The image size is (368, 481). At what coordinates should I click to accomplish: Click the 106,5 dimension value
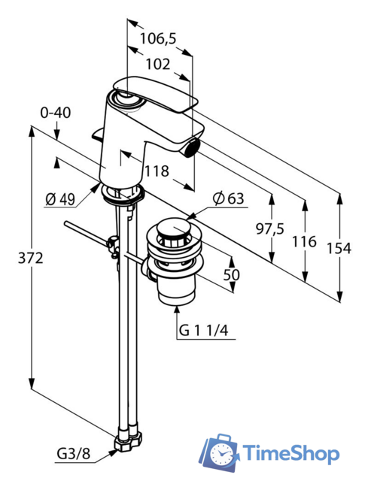pyautogui.click(x=158, y=38)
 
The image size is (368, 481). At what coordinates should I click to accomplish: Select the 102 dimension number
pyautogui.click(x=157, y=65)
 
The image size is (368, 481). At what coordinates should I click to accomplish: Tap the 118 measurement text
pyautogui.click(x=157, y=171)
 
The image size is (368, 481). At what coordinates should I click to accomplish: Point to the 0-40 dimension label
pyautogui.click(x=56, y=113)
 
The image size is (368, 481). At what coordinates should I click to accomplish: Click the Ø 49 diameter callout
pyautogui.click(x=60, y=200)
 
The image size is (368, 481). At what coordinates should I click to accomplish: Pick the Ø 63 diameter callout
pyautogui.click(x=228, y=198)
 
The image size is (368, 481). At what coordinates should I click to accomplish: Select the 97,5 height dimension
pyautogui.click(x=270, y=228)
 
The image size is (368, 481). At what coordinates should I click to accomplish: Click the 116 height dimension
pyautogui.click(x=304, y=242)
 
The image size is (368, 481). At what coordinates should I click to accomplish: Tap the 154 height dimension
pyautogui.click(x=339, y=248)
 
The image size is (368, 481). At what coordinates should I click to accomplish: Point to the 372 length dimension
pyautogui.click(x=31, y=259)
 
